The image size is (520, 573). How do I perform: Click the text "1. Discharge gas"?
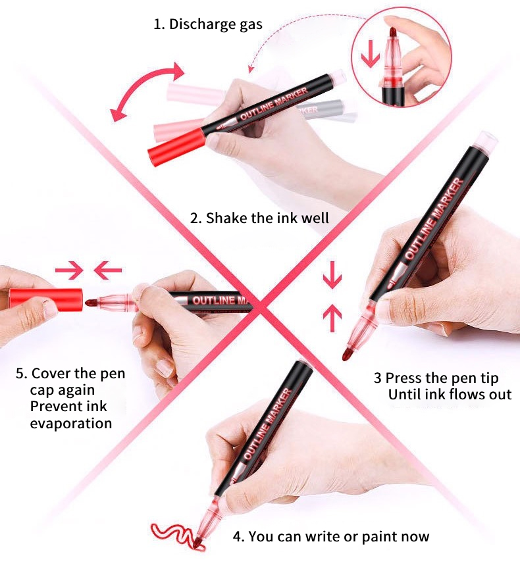(208, 24)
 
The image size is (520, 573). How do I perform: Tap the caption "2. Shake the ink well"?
(259, 218)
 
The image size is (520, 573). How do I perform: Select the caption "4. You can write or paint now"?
(331, 536)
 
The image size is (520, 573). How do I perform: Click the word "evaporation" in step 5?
(71, 424)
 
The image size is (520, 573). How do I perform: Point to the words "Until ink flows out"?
(450, 394)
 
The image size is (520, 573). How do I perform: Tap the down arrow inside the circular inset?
(371, 54)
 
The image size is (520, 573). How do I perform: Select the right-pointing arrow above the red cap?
(69, 270)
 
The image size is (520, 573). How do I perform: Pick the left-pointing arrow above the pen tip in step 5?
(108, 270)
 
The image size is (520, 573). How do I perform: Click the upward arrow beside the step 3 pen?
(332, 318)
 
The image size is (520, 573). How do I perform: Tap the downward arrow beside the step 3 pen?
(332, 275)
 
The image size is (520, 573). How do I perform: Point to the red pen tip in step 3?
(348, 354)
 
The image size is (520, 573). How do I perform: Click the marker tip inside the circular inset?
(393, 32)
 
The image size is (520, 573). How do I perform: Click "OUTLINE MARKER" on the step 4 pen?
(268, 424)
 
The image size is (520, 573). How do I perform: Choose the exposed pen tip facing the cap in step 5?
(91, 303)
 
